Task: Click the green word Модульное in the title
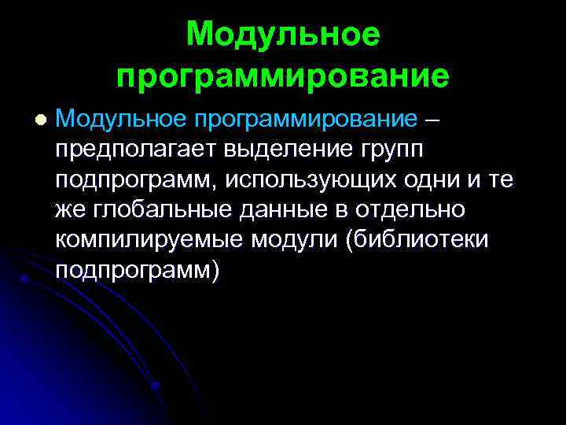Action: (283, 35)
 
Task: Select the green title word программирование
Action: (283, 76)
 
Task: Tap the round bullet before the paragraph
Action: (41, 120)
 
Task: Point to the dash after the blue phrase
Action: (433, 120)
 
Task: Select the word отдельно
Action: (417, 210)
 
